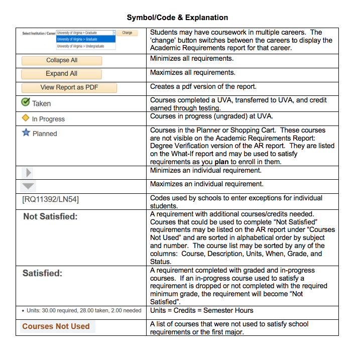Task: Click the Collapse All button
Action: (x=62, y=60)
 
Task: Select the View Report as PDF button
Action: (x=69, y=87)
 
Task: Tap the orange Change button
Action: (x=128, y=33)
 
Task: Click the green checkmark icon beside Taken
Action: (x=26, y=102)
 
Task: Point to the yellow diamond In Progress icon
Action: (x=26, y=118)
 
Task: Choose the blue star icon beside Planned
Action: (x=26, y=133)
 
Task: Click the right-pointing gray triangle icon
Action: (x=29, y=172)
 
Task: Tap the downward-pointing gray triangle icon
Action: (x=29, y=186)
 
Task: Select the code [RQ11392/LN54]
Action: (x=50, y=200)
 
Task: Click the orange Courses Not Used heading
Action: (x=56, y=326)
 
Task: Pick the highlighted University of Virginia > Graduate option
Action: (x=77, y=39)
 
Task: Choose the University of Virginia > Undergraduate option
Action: (x=80, y=46)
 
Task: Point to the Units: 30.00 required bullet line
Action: (x=82, y=310)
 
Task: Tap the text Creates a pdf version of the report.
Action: (x=203, y=86)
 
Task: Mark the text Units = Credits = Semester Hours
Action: (x=202, y=310)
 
